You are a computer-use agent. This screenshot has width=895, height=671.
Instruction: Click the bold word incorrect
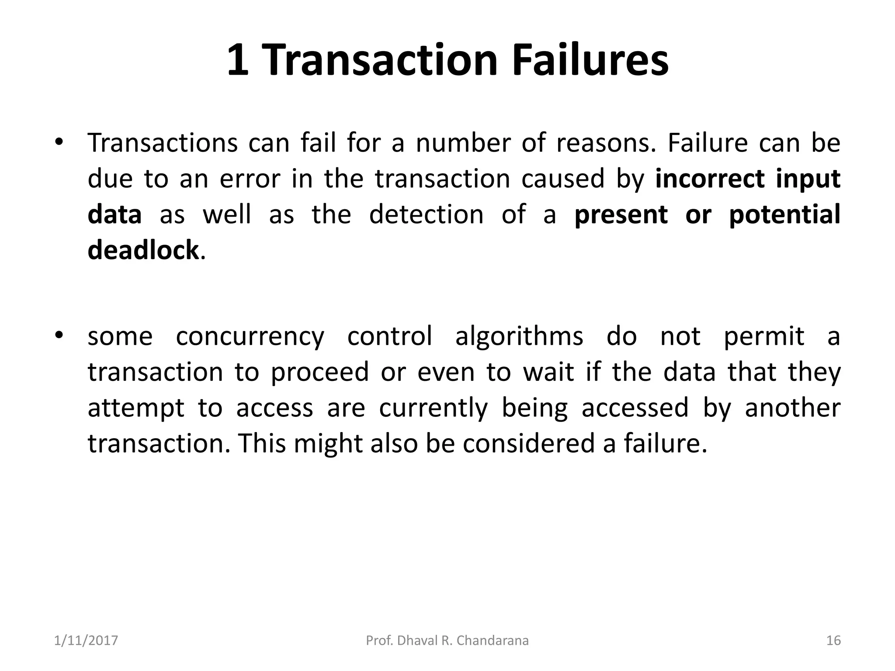[710, 179]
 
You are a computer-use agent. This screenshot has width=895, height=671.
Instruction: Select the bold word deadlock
[143, 250]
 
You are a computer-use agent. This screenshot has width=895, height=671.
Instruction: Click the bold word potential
[784, 215]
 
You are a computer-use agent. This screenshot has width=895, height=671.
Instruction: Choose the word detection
[427, 214]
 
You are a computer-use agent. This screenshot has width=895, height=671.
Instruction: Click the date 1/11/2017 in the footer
[86, 640]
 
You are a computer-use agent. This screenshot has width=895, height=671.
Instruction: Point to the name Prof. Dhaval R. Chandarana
[447, 640]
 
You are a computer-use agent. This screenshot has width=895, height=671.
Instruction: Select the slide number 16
[833, 640]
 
